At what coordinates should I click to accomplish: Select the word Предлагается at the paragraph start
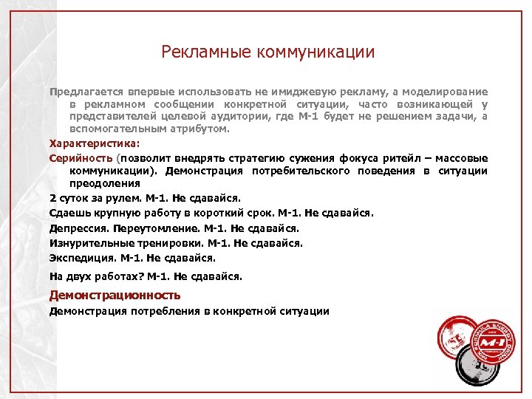coord(82,92)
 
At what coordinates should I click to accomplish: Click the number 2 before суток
coord(52,198)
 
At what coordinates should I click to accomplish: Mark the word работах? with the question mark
coord(120,276)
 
